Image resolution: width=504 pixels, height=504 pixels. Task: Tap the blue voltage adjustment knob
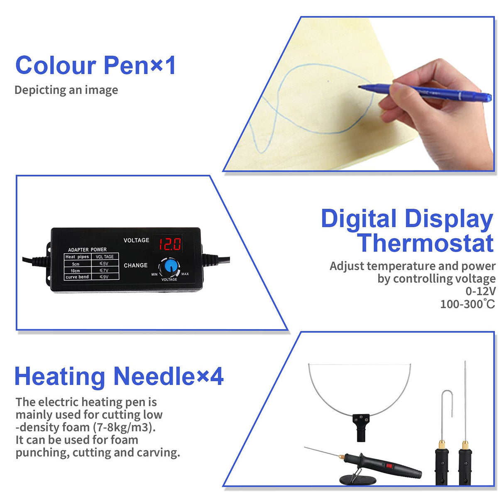coord(170,266)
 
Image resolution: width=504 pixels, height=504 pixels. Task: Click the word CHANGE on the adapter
coord(136,265)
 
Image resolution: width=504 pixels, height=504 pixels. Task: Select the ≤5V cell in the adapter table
coord(104,264)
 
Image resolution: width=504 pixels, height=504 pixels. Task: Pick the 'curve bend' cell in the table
coord(77,277)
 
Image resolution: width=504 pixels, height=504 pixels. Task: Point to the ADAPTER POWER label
coord(87,250)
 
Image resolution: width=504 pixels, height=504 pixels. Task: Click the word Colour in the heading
coord(56,66)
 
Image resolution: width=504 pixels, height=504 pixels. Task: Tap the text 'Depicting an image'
coord(66,90)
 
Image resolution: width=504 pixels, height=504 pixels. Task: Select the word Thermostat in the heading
coord(426,243)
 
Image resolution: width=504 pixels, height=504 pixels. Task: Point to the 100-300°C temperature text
coord(467,304)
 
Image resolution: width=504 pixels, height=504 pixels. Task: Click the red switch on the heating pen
coord(389,466)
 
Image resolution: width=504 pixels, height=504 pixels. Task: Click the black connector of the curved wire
coord(360,426)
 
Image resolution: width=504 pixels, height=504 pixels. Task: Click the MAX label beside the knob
coord(185,274)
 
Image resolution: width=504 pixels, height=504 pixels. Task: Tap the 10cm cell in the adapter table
coord(75,271)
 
